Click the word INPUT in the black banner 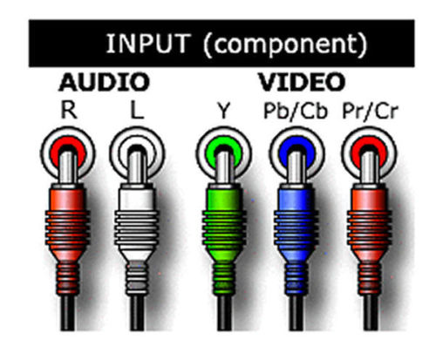148,44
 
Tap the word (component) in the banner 285,45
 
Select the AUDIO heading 105,82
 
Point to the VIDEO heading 302,82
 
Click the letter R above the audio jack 69,110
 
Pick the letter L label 137,110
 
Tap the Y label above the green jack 224,111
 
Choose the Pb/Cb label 296,111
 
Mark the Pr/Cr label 370,111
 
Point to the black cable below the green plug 224,312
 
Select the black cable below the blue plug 296,312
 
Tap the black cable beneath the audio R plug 67,312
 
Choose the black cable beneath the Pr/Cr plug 370,312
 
